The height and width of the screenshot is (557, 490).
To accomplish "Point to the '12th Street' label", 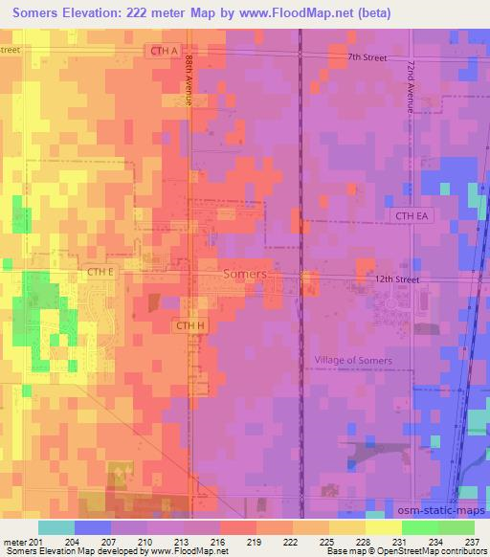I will tap(397, 278).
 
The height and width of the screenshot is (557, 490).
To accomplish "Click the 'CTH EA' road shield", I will tap(413, 216).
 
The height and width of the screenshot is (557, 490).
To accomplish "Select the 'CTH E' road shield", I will tap(100, 273).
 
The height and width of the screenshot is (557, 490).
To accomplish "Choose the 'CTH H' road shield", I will tap(189, 326).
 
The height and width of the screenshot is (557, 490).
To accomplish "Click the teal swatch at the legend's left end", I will tap(56, 527).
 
